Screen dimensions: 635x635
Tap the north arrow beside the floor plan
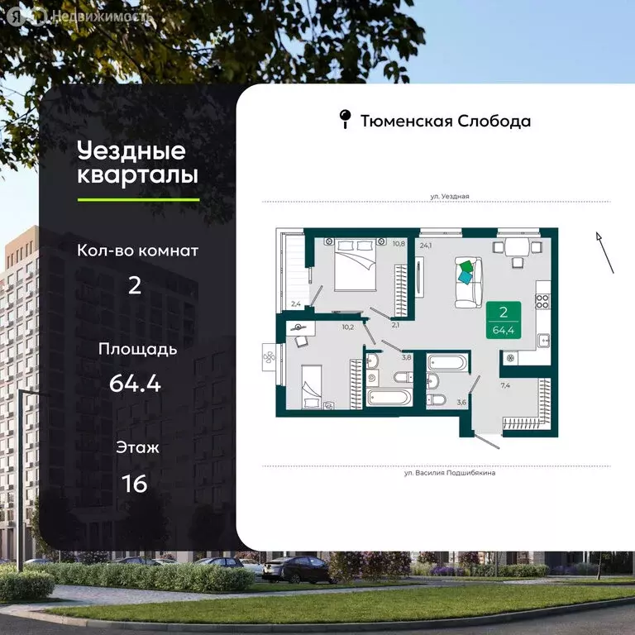604,253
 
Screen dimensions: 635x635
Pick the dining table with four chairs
518,247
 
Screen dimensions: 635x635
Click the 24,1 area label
427,245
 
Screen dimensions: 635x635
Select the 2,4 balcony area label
296,304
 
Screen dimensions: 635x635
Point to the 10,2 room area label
347,326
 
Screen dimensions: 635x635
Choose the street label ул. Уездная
449,196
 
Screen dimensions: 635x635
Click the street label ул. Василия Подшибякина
450,474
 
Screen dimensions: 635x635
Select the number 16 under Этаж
134,483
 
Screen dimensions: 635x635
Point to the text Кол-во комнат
137,250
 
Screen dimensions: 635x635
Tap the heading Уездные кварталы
137,163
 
